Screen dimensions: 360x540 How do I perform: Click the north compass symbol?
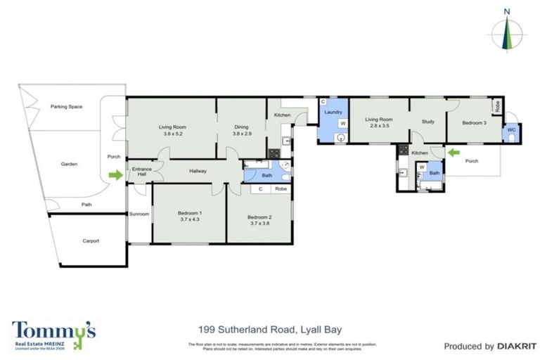click(x=507, y=32)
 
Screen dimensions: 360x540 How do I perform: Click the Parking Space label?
click(x=67, y=106)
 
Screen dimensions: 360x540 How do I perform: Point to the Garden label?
click(x=69, y=164)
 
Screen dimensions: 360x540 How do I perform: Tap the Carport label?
click(x=91, y=240)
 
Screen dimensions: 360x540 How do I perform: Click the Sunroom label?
click(x=139, y=214)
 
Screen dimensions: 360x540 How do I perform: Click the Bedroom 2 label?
click(x=259, y=217)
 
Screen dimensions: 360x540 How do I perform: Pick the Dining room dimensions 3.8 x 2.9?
click(x=241, y=134)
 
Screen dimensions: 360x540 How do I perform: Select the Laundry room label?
click(x=333, y=112)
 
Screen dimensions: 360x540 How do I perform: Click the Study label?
click(x=427, y=122)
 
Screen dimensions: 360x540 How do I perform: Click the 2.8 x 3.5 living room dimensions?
click(x=379, y=127)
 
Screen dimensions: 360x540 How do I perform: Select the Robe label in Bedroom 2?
click(x=281, y=189)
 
